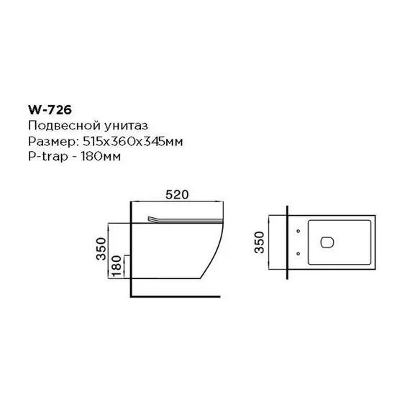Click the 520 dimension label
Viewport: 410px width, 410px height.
click(x=176, y=195)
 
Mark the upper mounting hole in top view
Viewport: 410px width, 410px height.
click(x=297, y=232)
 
